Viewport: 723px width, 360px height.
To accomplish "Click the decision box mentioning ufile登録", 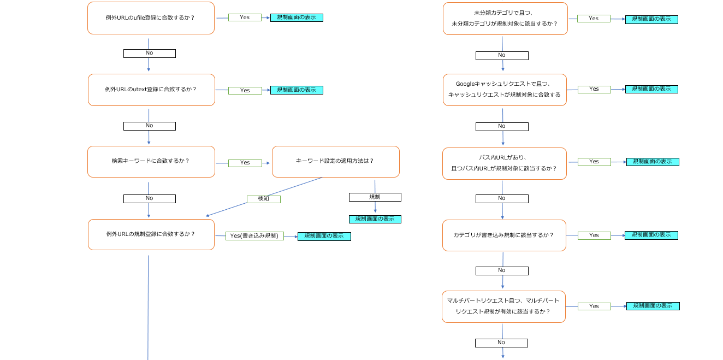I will click(151, 18).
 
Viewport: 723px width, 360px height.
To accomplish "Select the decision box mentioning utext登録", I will click(151, 90).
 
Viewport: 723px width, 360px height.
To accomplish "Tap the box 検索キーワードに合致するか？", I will click(151, 162).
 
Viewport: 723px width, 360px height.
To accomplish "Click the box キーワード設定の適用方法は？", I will click(335, 162).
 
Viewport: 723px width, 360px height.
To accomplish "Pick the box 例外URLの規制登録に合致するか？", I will click(151, 234).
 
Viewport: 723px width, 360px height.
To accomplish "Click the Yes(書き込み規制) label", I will click(254, 236).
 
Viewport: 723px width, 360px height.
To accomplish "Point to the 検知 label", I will click(263, 199).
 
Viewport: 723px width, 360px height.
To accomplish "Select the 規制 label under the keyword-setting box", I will click(375, 197).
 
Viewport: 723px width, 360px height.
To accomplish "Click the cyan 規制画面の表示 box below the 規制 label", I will click(375, 219).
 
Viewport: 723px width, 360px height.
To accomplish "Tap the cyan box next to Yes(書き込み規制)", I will click(324, 236).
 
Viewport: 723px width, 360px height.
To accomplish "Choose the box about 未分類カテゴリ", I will click(505, 19).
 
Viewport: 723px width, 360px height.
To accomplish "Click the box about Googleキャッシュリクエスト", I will click(504, 90).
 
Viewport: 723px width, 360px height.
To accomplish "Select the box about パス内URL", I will click(504, 163).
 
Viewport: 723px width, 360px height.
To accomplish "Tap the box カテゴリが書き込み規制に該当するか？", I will click(503, 235).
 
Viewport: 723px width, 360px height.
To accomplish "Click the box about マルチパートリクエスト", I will click(503, 306).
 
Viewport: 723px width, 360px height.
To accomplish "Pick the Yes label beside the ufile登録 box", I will click(244, 17).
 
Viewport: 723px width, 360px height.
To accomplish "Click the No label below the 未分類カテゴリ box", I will click(502, 55).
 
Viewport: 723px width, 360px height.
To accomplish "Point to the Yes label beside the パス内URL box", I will click(594, 162).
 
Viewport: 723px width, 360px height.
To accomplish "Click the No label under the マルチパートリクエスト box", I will click(501, 343).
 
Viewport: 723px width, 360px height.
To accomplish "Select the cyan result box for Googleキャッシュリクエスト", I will click(651, 89).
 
